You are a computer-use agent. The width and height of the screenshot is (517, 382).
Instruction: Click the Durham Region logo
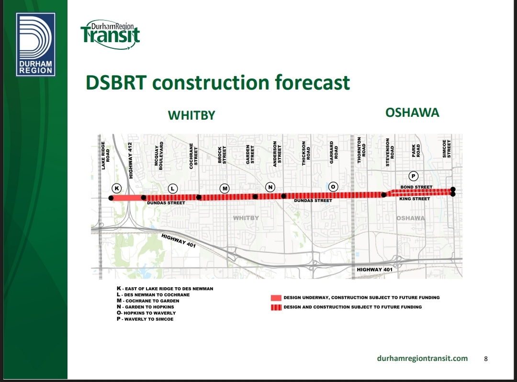tap(35, 45)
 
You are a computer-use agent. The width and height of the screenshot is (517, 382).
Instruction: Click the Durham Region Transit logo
tap(110, 34)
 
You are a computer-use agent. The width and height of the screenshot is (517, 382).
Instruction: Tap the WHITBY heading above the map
tap(191, 115)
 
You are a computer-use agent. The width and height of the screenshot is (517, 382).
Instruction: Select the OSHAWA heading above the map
tap(412, 112)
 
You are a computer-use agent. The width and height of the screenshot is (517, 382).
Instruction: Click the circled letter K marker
tap(117, 188)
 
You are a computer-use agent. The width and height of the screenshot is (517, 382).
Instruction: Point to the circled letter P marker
tap(414, 176)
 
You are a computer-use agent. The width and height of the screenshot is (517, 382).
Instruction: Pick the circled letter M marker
tap(225, 189)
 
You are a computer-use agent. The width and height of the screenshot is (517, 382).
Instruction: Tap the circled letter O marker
tap(333, 187)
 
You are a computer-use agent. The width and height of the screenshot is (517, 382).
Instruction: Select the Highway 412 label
tap(131, 160)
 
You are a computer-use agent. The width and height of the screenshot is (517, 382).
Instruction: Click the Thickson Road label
tap(306, 153)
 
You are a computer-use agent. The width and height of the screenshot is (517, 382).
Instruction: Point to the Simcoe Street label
tap(447, 149)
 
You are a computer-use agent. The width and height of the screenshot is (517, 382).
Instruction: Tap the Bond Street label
tap(416, 187)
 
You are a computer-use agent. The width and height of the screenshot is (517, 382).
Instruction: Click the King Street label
tap(415, 199)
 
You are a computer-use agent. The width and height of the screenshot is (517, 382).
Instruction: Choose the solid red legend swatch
tap(276, 298)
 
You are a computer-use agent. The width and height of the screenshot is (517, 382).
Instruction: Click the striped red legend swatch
tap(276, 307)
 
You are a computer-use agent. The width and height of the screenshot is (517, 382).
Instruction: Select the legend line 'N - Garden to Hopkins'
tap(145, 307)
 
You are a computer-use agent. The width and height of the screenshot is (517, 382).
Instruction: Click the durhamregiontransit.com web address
tap(422, 358)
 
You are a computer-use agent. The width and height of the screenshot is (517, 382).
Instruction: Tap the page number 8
tap(486, 359)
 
